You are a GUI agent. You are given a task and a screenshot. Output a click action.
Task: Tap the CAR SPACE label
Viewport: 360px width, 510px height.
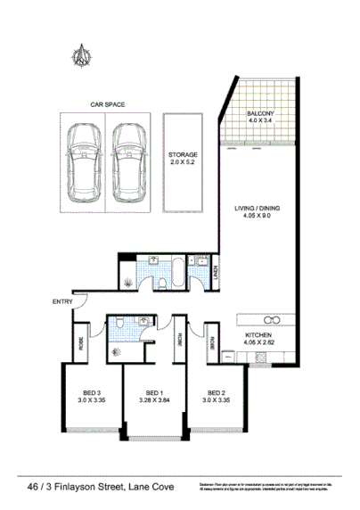(x=107, y=104)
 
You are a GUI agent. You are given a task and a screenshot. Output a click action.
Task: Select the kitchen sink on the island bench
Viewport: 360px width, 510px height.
(x=273, y=318)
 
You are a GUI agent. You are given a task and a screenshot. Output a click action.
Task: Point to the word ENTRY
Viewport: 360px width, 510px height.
(x=61, y=302)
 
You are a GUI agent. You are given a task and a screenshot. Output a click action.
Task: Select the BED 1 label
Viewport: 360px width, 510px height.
(x=154, y=393)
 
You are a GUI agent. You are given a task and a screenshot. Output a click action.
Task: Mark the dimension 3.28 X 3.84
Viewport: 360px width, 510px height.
(x=154, y=401)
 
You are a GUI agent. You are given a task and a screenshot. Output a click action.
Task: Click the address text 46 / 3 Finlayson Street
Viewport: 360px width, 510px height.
(x=84, y=488)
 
